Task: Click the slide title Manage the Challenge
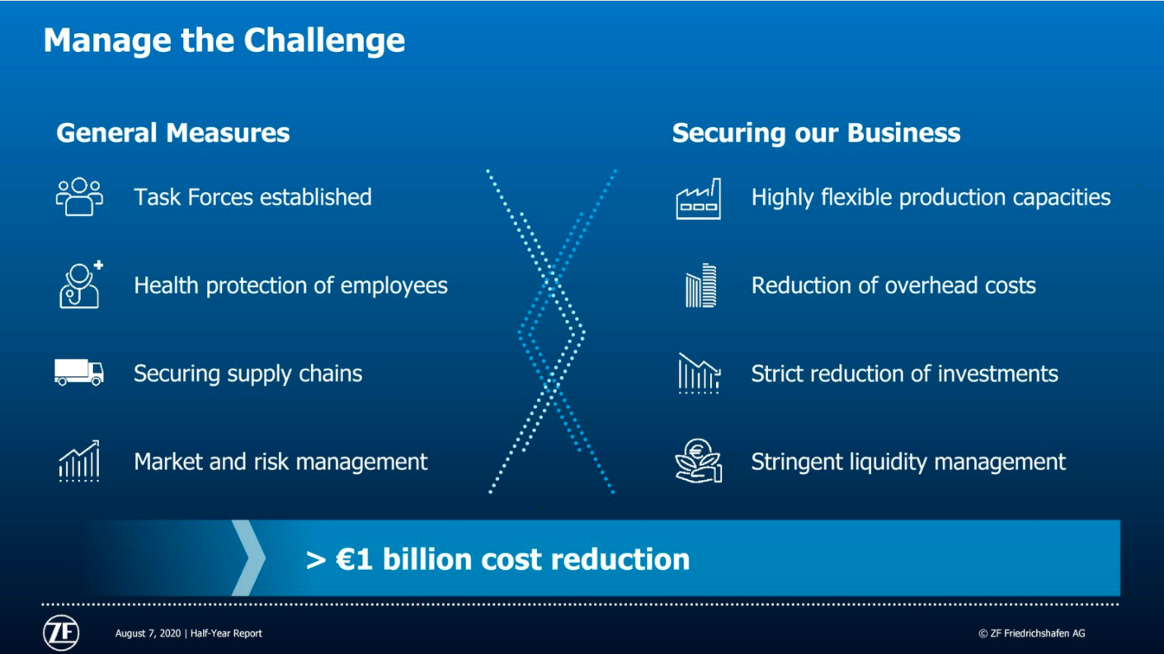(x=224, y=40)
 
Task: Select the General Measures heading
(x=173, y=133)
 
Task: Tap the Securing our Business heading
(x=816, y=133)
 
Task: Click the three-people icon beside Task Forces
(x=79, y=197)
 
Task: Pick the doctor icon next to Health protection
(x=81, y=285)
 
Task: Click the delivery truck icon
(x=79, y=373)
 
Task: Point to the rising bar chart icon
(x=79, y=461)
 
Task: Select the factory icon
(x=699, y=199)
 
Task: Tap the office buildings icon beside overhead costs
(x=700, y=285)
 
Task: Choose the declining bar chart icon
(x=699, y=373)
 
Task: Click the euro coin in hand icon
(x=699, y=461)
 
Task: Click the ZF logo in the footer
(x=61, y=633)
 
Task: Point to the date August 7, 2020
(x=148, y=633)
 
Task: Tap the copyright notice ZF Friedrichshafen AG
(x=1032, y=633)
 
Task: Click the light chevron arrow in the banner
(x=249, y=558)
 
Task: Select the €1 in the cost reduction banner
(x=355, y=559)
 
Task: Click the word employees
(x=393, y=285)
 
